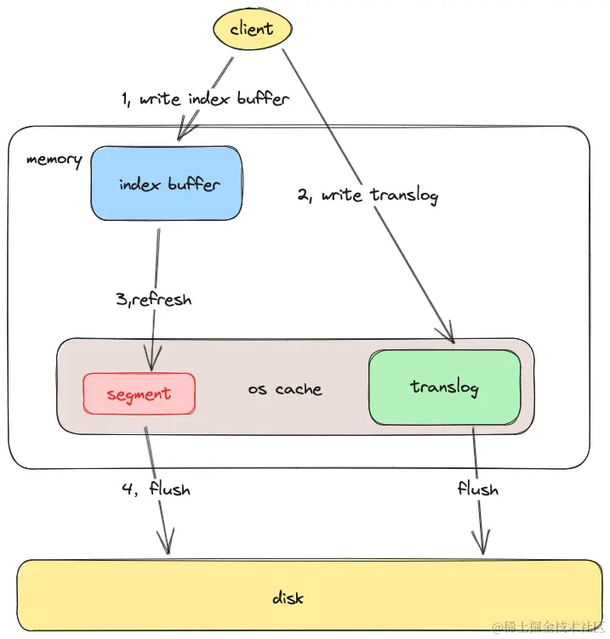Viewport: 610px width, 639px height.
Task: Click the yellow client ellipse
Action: pyautogui.click(x=252, y=29)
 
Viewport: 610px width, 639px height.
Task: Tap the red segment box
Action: pyautogui.click(x=139, y=393)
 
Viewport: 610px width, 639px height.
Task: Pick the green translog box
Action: pyautogui.click(x=444, y=387)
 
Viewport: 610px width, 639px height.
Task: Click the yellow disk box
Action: pyautogui.click(x=288, y=597)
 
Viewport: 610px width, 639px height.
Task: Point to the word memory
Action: pyautogui.click(x=54, y=159)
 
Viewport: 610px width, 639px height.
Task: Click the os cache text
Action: pyautogui.click(x=285, y=389)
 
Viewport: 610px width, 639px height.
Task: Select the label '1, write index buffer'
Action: pyautogui.click(x=205, y=99)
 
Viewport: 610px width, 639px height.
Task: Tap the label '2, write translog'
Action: pyautogui.click(x=368, y=195)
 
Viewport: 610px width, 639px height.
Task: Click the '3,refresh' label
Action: pyautogui.click(x=153, y=299)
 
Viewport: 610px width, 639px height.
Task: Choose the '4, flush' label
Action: pyautogui.click(x=155, y=489)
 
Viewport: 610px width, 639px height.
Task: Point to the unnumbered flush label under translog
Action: pyautogui.click(x=477, y=489)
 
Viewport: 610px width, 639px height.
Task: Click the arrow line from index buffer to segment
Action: pyautogui.click(x=157, y=255)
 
